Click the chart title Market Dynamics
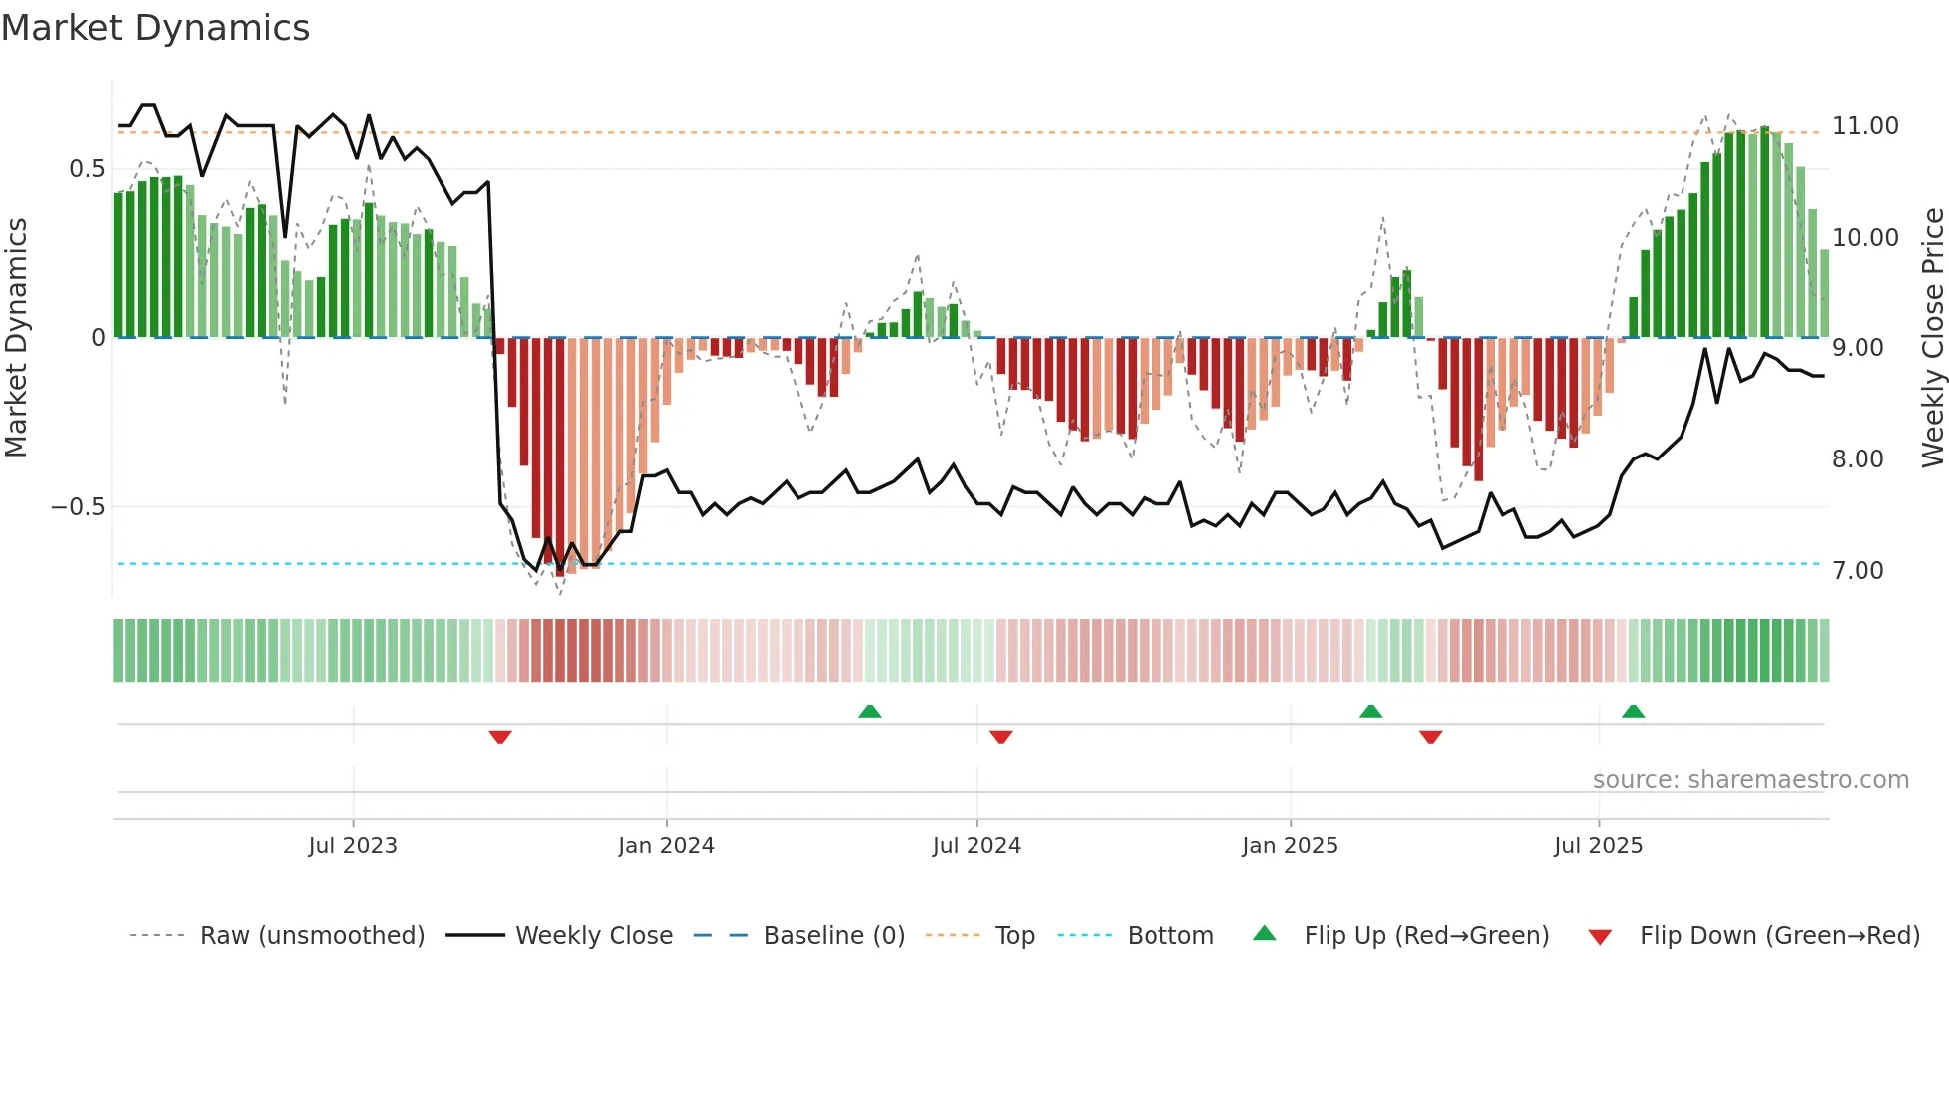tap(155, 28)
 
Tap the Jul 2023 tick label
tap(352, 846)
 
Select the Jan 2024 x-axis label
tap(666, 846)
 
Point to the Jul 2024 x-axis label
tap(976, 846)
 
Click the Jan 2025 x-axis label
tap(1290, 846)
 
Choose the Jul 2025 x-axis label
tap(1598, 846)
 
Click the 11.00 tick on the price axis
tap(1864, 126)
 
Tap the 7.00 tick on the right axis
tap(1857, 571)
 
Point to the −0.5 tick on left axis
tap(78, 507)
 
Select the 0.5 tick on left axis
tap(87, 169)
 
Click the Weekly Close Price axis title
tap(1932, 338)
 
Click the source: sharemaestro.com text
tap(1750, 780)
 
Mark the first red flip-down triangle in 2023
tap(500, 736)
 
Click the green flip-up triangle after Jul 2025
tap(1633, 711)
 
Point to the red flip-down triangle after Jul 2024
tap(1001, 736)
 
